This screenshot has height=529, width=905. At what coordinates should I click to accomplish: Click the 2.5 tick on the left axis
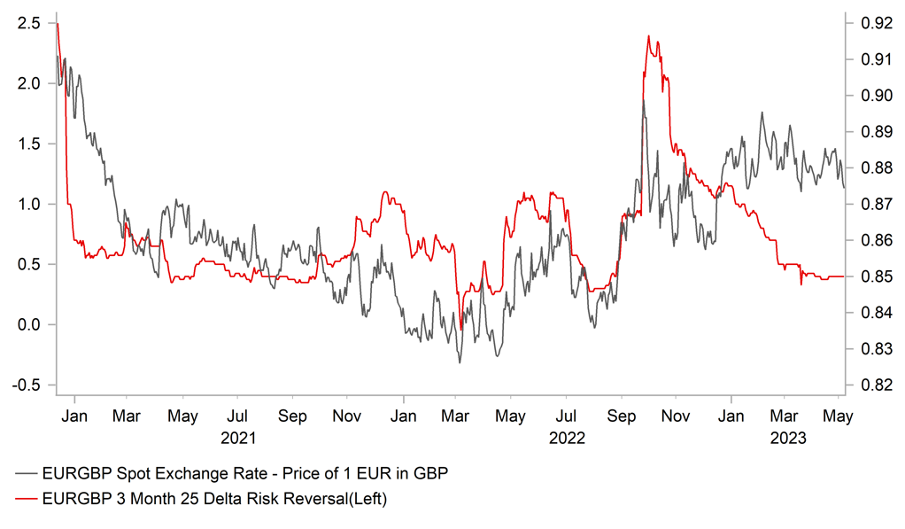[x=28, y=23]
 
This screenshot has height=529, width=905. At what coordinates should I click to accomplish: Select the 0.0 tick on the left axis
[x=28, y=324]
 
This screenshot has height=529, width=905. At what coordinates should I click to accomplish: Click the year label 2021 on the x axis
[x=237, y=437]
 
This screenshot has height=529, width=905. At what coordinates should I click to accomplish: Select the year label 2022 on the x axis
[x=567, y=437]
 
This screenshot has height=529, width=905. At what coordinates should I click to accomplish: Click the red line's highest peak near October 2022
[x=648, y=36]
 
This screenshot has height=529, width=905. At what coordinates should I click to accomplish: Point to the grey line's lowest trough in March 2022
[x=460, y=362]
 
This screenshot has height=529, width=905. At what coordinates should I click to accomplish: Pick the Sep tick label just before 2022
[x=292, y=416]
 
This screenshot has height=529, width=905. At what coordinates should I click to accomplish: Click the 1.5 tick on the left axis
[x=28, y=144]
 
